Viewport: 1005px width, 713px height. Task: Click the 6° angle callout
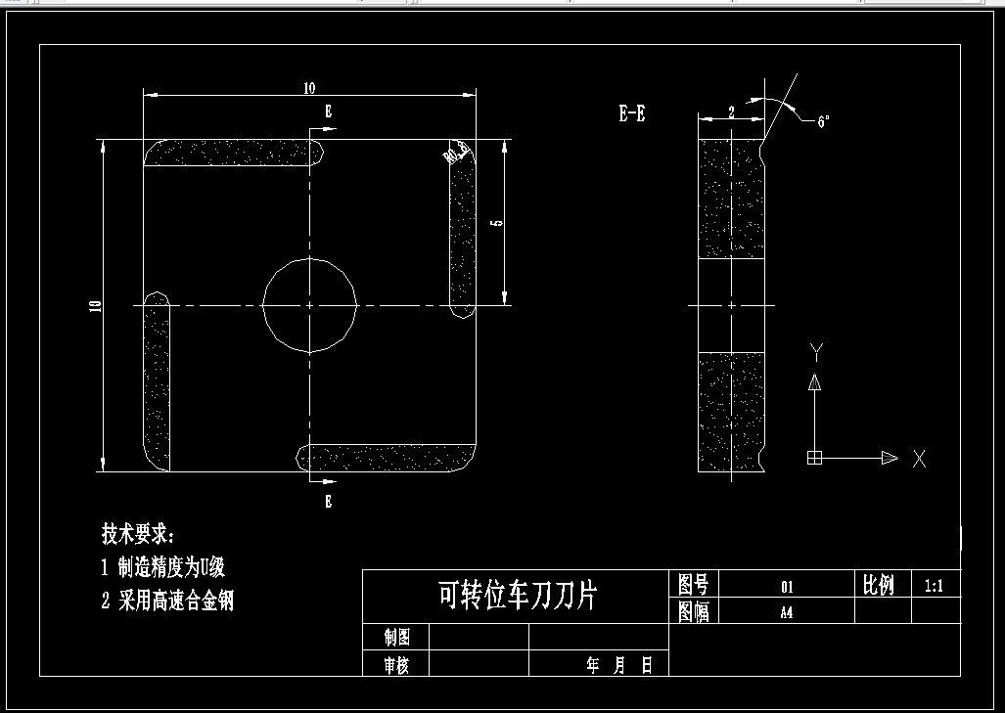pyautogui.click(x=823, y=120)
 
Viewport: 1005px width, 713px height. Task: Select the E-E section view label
pyautogui.click(x=631, y=113)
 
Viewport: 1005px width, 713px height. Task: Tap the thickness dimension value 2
pyautogui.click(x=731, y=111)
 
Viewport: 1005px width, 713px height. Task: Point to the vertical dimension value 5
pyautogui.click(x=497, y=223)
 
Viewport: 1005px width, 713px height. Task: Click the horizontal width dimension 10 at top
pyautogui.click(x=309, y=88)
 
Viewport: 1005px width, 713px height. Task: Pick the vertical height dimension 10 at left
pyautogui.click(x=95, y=306)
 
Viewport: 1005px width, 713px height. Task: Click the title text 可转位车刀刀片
pyautogui.click(x=517, y=595)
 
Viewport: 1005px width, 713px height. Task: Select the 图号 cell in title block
pyautogui.click(x=693, y=585)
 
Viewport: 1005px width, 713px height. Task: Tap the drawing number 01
pyautogui.click(x=786, y=587)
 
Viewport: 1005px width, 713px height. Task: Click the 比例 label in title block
pyautogui.click(x=878, y=585)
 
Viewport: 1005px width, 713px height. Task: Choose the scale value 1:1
pyautogui.click(x=933, y=586)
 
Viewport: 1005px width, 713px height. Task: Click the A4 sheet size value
pyautogui.click(x=786, y=613)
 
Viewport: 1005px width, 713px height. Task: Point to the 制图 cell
pyautogui.click(x=396, y=638)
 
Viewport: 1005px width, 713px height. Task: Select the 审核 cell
pyautogui.click(x=396, y=665)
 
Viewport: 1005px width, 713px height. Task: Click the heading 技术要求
pyautogui.click(x=138, y=534)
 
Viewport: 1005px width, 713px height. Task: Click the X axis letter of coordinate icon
pyautogui.click(x=918, y=458)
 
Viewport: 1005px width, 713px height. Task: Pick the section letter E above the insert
pyautogui.click(x=328, y=112)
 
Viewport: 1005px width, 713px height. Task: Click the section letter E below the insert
pyautogui.click(x=328, y=502)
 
